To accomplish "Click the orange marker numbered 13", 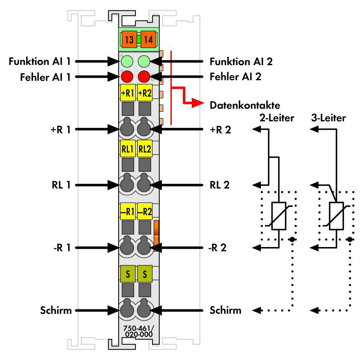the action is click(129, 39).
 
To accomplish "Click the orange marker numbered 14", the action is click(148, 39).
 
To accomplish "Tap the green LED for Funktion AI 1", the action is click(127, 61).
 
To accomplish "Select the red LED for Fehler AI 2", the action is click(144, 76).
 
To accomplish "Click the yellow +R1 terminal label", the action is click(128, 93).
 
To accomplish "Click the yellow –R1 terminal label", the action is click(128, 211).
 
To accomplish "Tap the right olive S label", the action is click(145, 274).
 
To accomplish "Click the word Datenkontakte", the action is click(245, 105).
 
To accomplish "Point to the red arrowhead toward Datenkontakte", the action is click(197, 103).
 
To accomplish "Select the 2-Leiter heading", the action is click(277, 118).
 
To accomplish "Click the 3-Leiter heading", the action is click(328, 118).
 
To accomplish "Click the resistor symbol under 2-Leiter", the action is click(279, 216).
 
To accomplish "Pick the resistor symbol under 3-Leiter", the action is click(336, 216).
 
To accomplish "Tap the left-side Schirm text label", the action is click(56, 311).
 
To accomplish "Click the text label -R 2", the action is click(217, 248).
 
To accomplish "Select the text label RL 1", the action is click(61, 185).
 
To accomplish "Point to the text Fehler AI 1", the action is click(45, 77).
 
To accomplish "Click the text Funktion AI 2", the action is click(241, 62).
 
